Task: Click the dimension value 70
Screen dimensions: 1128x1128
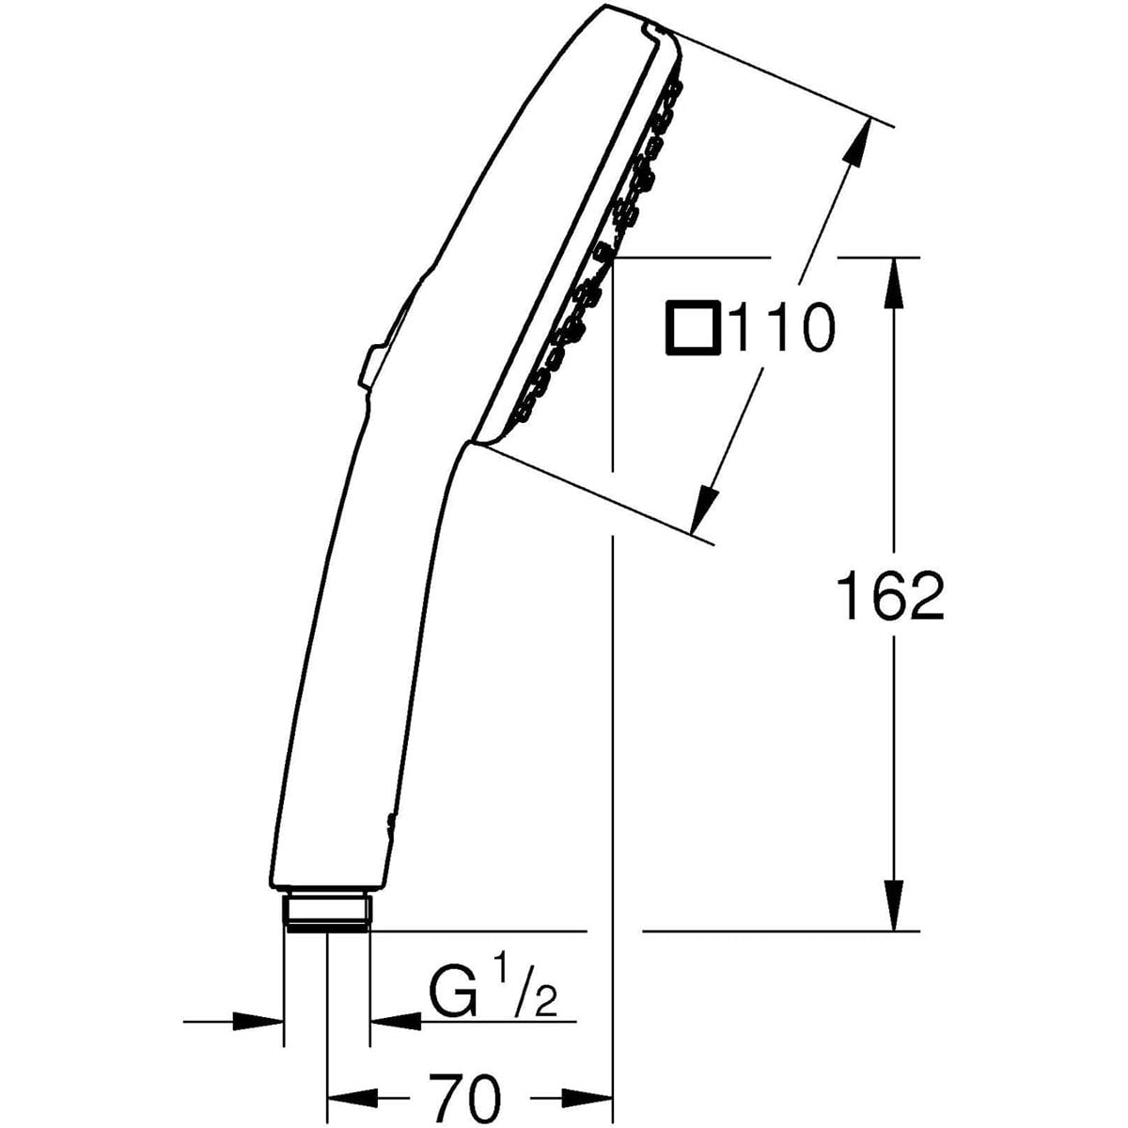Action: (466, 1063)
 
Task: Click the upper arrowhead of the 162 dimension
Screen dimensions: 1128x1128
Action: (893, 282)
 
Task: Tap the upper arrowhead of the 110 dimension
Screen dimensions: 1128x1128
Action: (855, 142)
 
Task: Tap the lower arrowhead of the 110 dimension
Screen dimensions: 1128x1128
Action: (705, 509)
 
